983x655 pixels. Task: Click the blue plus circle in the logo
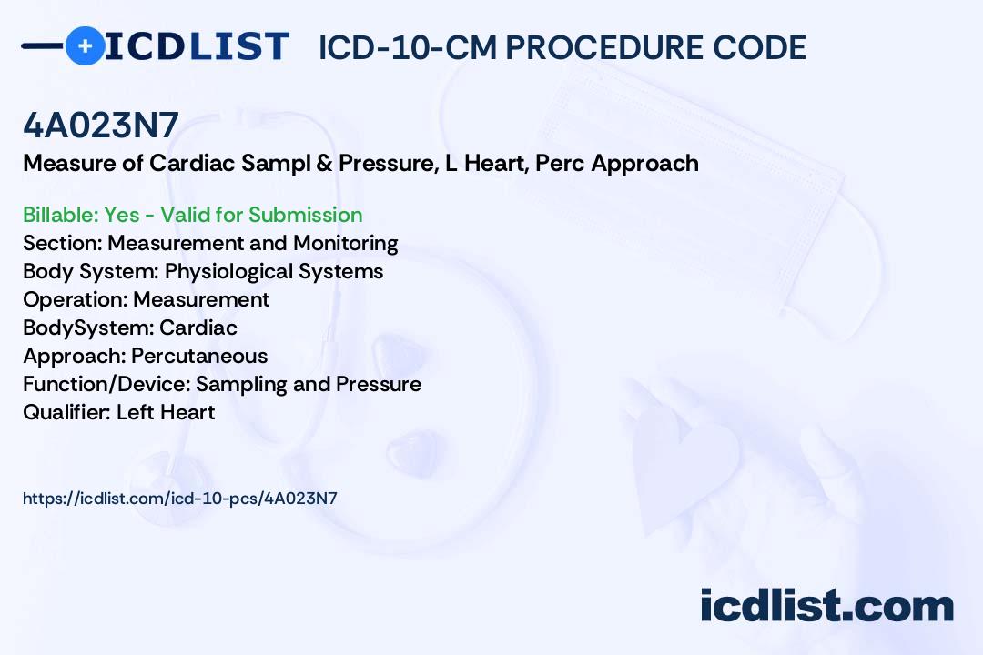[x=85, y=45]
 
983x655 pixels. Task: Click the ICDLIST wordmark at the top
[x=198, y=45]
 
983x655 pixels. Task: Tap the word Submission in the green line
[x=306, y=215]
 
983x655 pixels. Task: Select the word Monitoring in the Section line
[x=345, y=243]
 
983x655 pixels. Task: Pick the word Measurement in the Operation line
[x=201, y=299]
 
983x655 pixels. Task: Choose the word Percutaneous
[x=199, y=356]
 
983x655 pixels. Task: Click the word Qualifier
[x=66, y=412]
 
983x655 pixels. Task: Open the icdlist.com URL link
[x=180, y=498]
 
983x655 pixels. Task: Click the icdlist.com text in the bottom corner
[x=826, y=606]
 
